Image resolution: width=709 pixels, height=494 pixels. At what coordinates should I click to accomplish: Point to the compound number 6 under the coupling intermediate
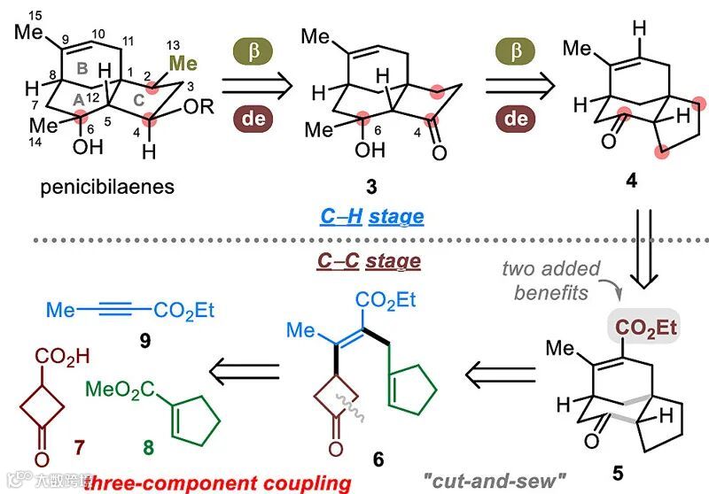[x=378, y=459]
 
